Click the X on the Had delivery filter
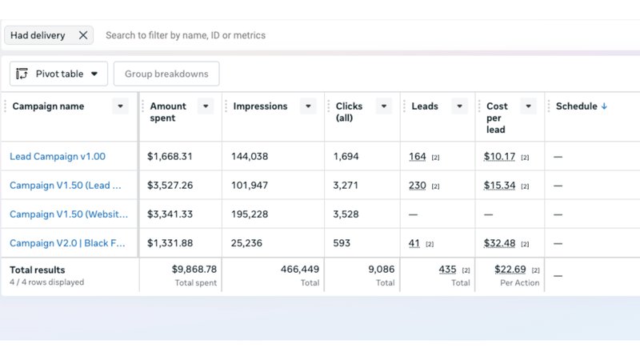pyautogui.click(x=83, y=35)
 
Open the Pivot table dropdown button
pyautogui.click(x=59, y=74)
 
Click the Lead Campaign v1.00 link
pyautogui.click(x=58, y=157)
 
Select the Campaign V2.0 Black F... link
pyautogui.click(x=68, y=243)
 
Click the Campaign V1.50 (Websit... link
pyautogui.click(x=68, y=214)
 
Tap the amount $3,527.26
pyautogui.click(x=170, y=186)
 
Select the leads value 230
pyautogui.click(x=417, y=186)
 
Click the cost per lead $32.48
pyautogui.click(x=499, y=243)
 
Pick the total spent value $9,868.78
pyautogui.click(x=194, y=270)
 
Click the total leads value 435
pyautogui.click(x=447, y=270)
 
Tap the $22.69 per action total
pyautogui.click(x=510, y=270)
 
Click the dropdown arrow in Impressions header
pyautogui.click(x=308, y=106)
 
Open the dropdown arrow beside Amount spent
pyautogui.click(x=206, y=106)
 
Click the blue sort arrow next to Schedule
pyautogui.click(x=604, y=106)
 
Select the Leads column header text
pyautogui.click(x=425, y=106)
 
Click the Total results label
pyautogui.click(x=38, y=270)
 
